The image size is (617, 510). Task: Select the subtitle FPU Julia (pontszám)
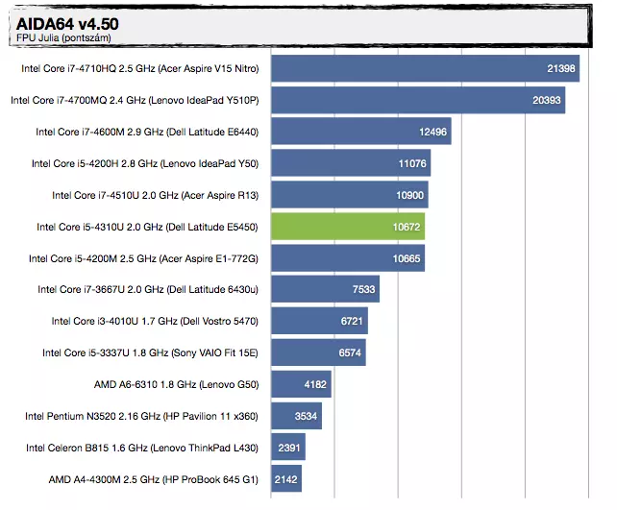point(62,37)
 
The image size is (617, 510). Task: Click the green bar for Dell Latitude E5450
point(348,227)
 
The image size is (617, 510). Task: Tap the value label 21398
point(561,68)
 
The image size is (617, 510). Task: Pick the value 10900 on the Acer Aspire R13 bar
point(408,195)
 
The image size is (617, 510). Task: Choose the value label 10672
point(406,227)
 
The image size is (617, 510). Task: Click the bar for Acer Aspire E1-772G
point(348,258)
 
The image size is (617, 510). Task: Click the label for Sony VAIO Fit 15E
point(151,352)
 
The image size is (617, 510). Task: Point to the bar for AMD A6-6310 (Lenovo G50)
point(301,385)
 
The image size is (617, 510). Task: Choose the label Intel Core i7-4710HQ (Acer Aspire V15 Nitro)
point(140,68)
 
